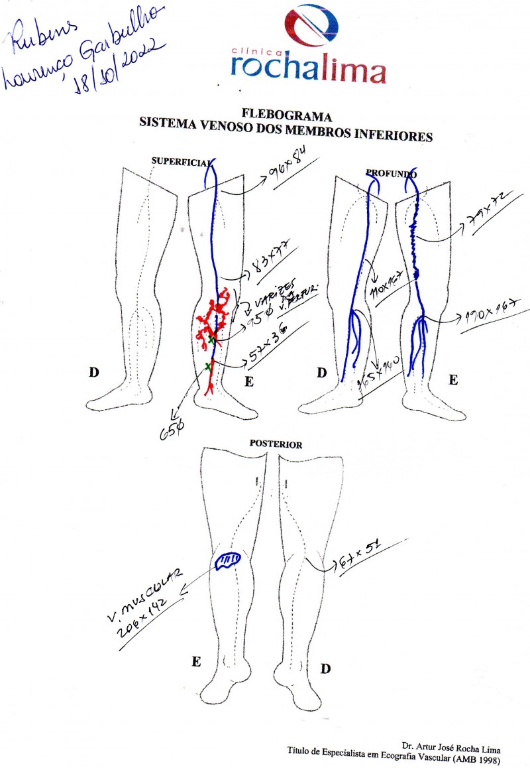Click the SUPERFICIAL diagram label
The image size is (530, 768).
181,161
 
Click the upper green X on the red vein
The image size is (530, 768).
211,340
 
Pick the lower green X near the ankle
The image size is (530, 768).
208,366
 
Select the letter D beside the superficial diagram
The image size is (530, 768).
94,373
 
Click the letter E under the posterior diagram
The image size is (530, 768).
196,662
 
